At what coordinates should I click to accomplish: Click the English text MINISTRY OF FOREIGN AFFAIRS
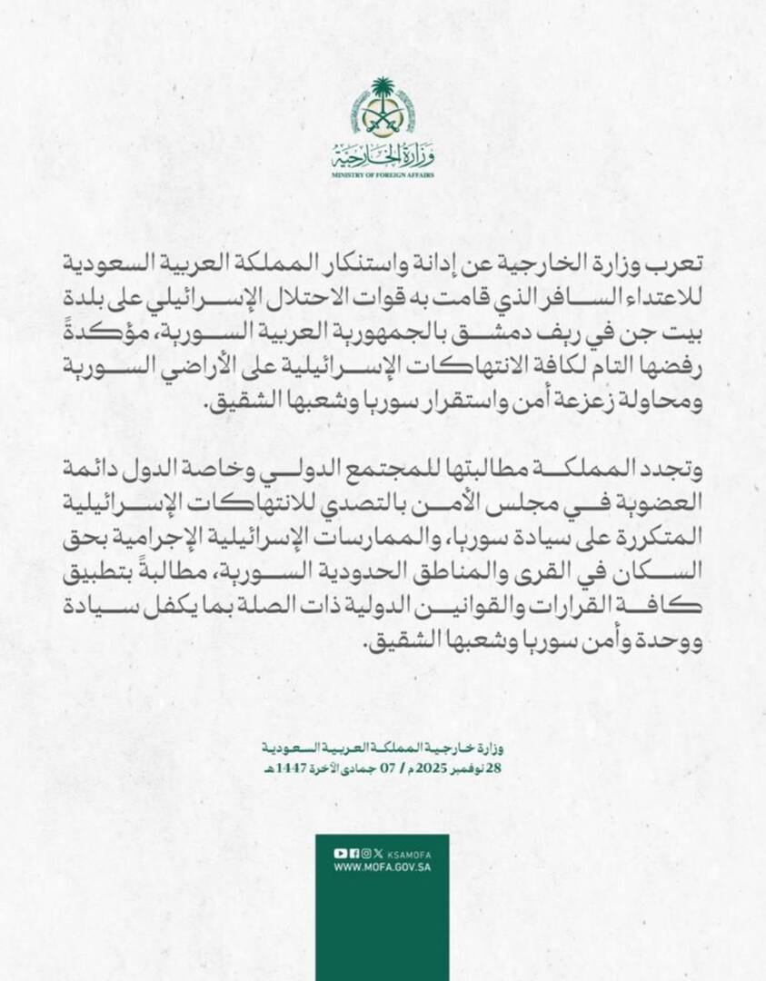[x=383, y=173]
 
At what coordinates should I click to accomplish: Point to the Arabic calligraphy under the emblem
[x=383, y=155]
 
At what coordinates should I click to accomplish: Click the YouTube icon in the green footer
[x=339, y=853]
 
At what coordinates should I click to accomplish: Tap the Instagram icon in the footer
[x=365, y=853]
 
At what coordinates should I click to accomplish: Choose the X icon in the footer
[x=378, y=853]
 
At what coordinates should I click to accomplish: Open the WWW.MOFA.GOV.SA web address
[x=381, y=867]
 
